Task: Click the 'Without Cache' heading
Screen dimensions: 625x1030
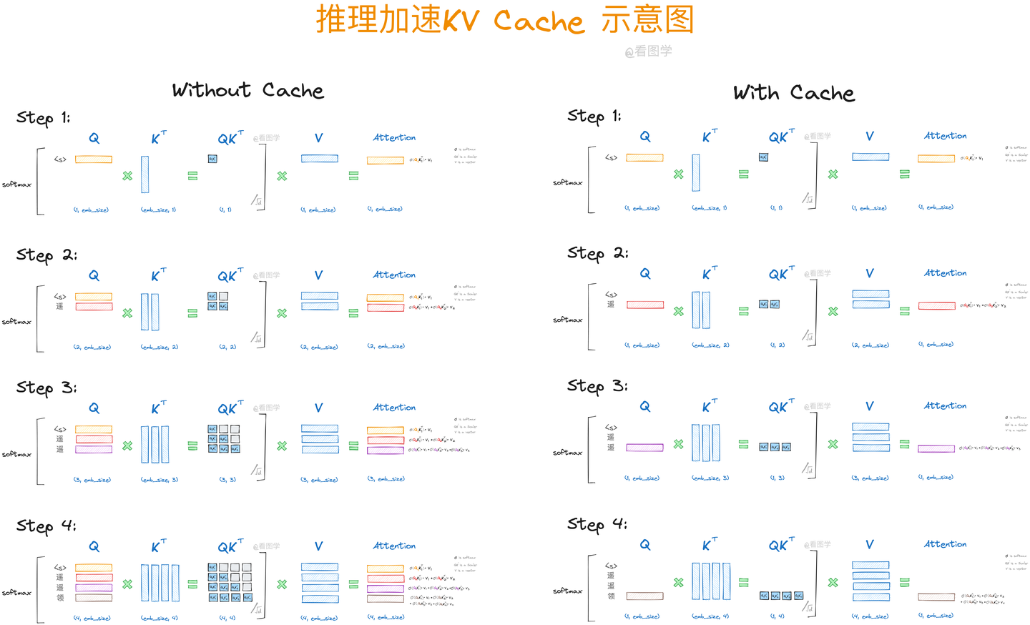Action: [x=247, y=90]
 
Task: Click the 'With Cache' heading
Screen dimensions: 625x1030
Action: [x=793, y=93]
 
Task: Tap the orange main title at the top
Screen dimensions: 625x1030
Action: [x=505, y=20]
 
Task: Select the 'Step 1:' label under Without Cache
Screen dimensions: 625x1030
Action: [x=43, y=118]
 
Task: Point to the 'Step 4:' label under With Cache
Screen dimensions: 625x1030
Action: [x=597, y=524]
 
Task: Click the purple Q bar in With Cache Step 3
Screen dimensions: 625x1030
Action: [x=644, y=448]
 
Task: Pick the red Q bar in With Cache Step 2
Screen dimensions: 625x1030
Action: [x=644, y=305]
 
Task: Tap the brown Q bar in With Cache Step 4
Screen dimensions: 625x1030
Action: [x=644, y=596]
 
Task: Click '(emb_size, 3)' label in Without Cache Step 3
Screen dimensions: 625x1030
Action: [x=160, y=480]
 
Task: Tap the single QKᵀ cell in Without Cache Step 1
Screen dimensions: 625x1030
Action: [x=212, y=159]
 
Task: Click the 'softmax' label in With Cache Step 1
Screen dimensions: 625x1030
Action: [x=567, y=183]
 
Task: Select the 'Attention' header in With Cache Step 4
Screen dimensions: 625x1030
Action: [x=945, y=544]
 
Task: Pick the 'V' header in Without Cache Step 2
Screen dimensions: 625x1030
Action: [x=318, y=275]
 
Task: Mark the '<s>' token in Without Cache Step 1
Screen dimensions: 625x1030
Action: [x=60, y=159]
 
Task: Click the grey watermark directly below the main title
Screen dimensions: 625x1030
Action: [x=648, y=51]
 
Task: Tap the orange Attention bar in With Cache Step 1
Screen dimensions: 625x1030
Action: [x=936, y=158]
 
